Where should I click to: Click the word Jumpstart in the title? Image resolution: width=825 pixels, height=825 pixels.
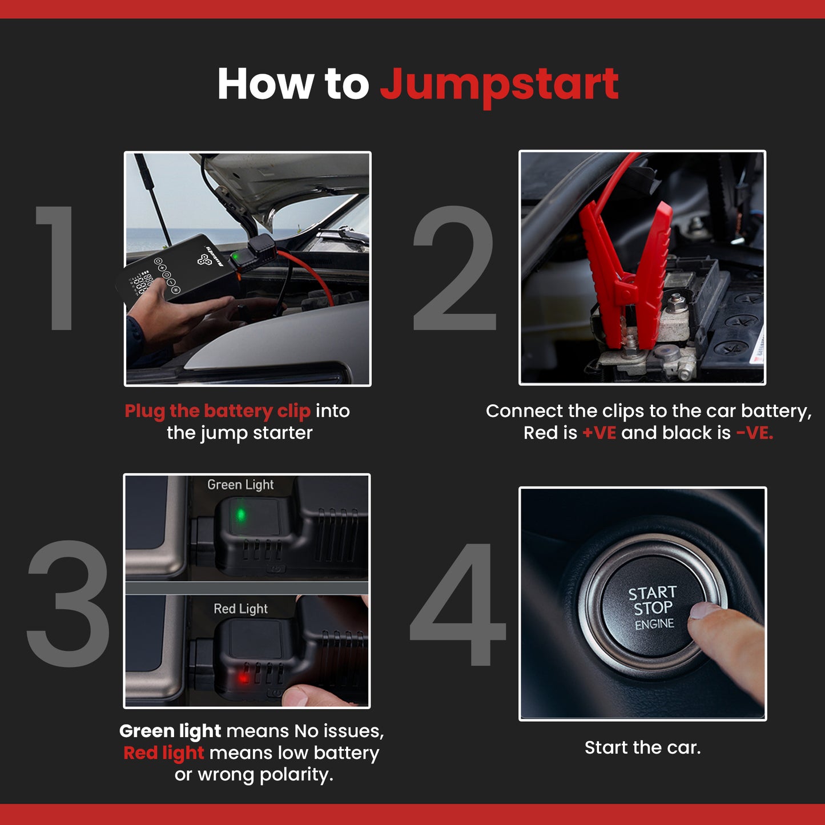pos(499,84)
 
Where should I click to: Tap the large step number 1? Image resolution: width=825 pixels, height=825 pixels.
pos(57,268)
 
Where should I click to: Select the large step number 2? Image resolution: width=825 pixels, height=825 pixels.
pos(454,268)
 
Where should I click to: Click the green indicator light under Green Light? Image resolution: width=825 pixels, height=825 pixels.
pos(241,515)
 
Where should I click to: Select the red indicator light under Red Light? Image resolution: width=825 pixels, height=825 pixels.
pos(244,678)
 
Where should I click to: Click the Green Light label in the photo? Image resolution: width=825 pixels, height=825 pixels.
pos(240,485)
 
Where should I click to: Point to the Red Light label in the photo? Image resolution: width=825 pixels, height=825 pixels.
pos(240,609)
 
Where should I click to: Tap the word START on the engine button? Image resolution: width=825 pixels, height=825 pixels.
pos(652,593)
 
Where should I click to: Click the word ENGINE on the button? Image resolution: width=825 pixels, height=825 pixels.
pos(654,624)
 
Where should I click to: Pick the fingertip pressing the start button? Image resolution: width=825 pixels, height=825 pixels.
pos(705,614)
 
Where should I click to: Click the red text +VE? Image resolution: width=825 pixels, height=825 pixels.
pos(599,433)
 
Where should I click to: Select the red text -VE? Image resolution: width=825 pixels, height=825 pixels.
pos(754,433)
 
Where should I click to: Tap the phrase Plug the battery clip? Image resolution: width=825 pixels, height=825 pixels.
pos(217,411)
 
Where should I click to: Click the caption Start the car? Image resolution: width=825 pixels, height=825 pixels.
pos(642,747)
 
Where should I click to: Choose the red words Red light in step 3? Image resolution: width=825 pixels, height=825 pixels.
pos(163,753)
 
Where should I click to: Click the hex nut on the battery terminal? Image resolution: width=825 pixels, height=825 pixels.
pos(676,299)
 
